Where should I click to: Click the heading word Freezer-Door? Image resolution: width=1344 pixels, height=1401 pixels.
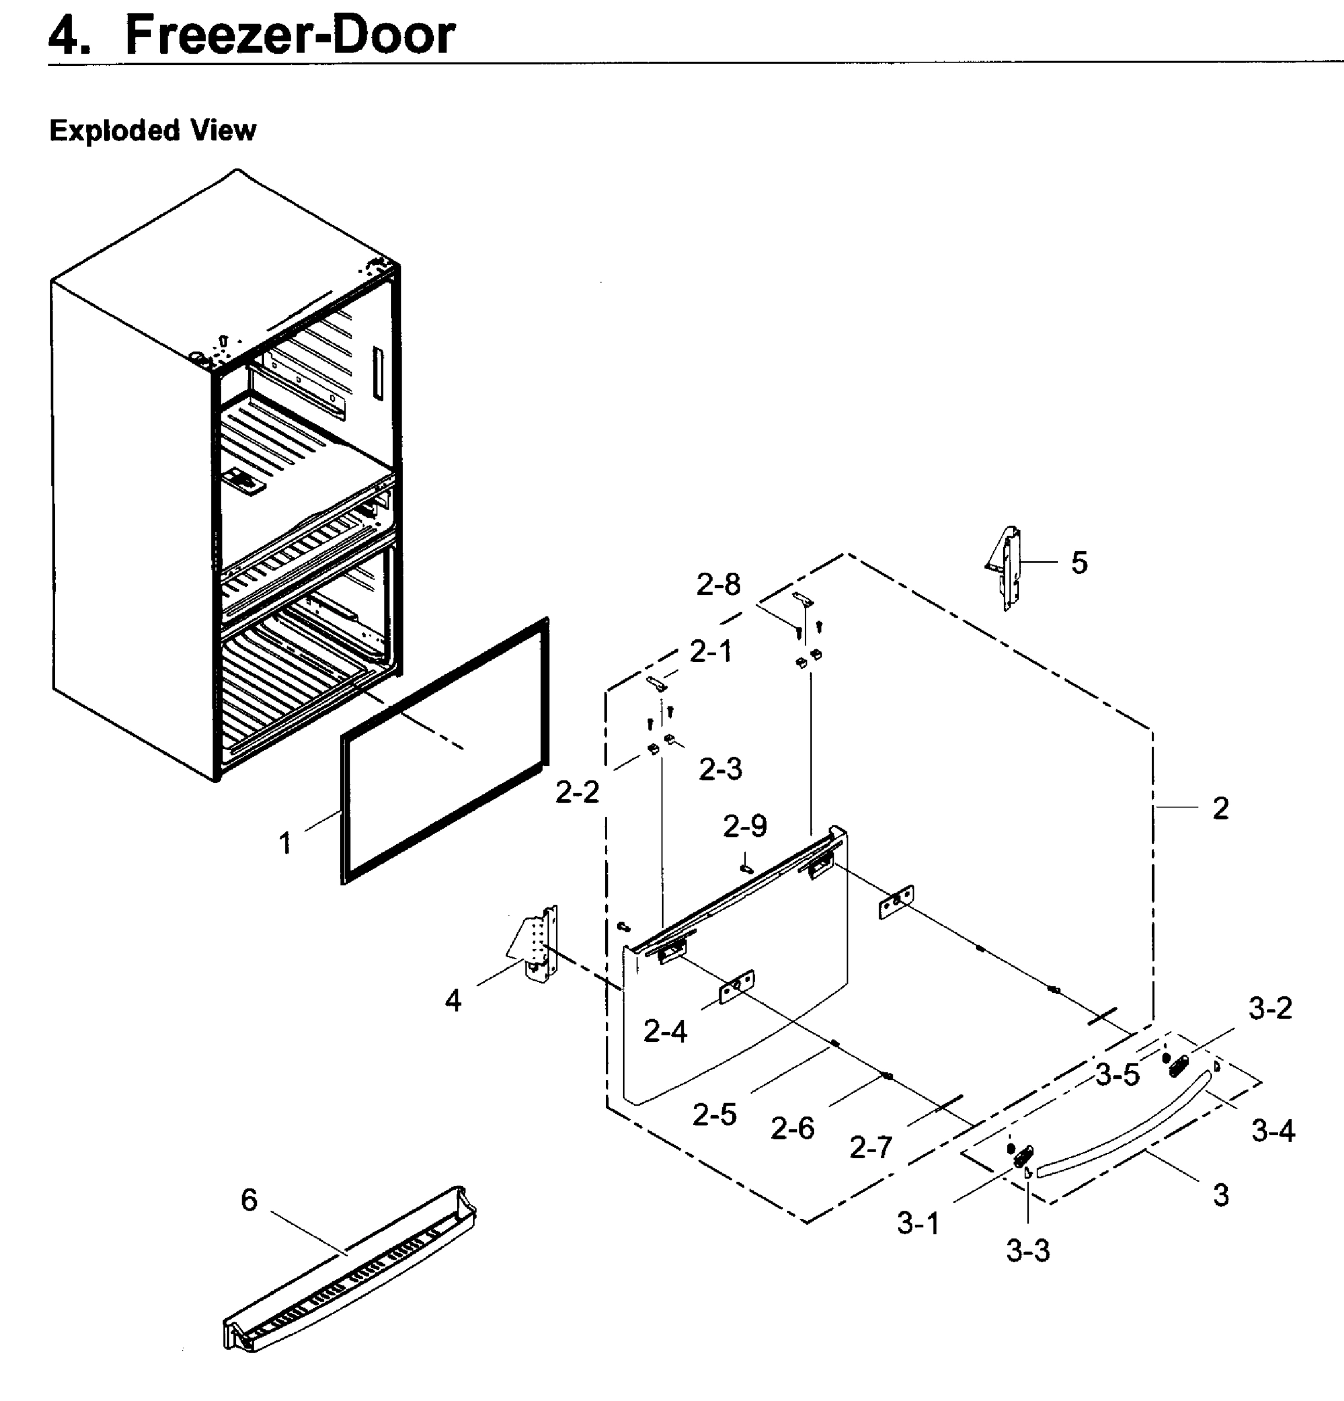pos(290,36)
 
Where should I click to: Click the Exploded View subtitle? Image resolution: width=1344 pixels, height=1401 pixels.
pos(152,131)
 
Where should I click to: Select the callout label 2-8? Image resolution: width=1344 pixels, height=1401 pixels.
pos(719,585)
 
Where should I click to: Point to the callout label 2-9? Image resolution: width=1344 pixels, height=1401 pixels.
pos(745,827)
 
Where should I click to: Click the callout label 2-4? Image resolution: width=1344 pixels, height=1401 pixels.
pos(665,1031)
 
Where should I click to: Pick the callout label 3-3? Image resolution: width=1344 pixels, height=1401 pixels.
pos(1028,1251)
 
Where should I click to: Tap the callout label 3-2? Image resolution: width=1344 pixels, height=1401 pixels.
pos(1270,1009)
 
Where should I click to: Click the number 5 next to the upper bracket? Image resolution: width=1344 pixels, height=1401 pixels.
pos(1079,563)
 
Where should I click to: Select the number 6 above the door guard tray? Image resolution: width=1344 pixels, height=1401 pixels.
pos(249,1200)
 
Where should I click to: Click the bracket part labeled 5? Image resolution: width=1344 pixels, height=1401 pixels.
pos(1007,568)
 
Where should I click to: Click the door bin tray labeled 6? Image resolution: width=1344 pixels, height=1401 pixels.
pos(350,1276)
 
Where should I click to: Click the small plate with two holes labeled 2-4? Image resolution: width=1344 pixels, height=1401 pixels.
pos(736,987)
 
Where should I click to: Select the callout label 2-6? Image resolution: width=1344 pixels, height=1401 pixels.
pos(792,1128)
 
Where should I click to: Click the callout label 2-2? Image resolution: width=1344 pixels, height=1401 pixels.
pos(577,792)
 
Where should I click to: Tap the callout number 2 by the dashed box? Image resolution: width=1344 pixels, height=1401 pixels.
pos(1220,808)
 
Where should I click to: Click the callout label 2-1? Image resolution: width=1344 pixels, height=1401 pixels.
pos(711,652)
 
